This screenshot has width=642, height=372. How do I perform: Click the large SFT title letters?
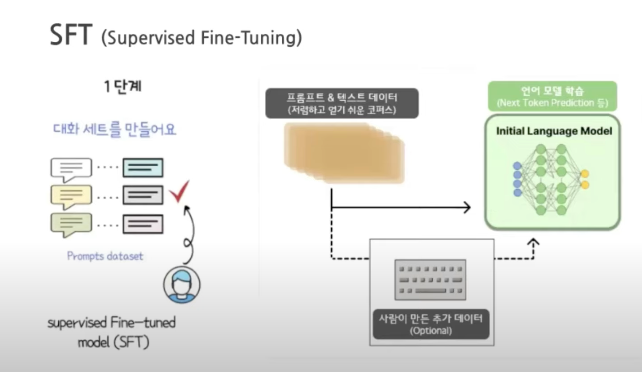[x=71, y=35]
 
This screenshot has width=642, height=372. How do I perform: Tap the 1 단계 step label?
[x=123, y=86]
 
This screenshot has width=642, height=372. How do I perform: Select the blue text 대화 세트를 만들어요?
[x=114, y=129]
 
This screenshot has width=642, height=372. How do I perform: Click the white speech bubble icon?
[x=71, y=168]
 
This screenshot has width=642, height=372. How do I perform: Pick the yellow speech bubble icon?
[x=71, y=196]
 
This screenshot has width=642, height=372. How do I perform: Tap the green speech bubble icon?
[x=71, y=224]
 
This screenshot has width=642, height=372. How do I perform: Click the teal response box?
[x=143, y=168]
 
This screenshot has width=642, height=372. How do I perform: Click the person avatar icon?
[x=182, y=285]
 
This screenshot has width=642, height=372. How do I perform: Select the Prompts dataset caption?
[x=105, y=256]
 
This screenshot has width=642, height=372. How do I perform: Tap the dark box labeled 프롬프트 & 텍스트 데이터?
[x=342, y=103]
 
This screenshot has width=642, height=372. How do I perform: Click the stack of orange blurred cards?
[x=344, y=153]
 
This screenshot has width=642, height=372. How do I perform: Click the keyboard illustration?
[x=430, y=280]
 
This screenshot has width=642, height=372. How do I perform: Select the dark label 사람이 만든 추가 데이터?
[x=431, y=324]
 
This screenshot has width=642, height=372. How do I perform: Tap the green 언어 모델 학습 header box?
[x=552, y=96]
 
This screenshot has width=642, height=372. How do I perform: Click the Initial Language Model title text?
[x=554, y=131]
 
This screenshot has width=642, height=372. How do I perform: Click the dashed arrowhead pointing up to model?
[x=533, y=242]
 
